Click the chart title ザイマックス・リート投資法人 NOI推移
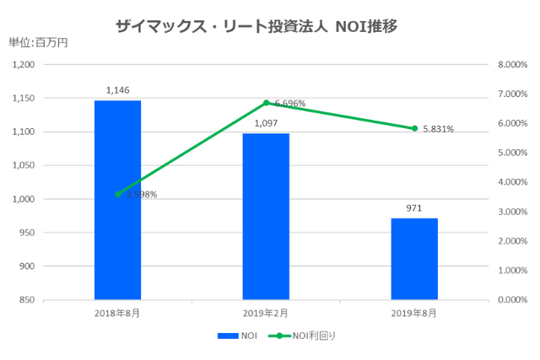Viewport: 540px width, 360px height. (x=256, y=25)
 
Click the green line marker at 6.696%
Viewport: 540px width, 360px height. (x=266, y=103)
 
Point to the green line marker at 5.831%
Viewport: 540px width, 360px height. (x=414, y=128)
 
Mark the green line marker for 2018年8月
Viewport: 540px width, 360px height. (x=117, y=194)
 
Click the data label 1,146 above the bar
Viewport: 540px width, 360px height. (x=117, y=89)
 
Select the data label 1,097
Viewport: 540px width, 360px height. (x=266, y=123)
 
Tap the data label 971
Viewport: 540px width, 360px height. (x=414, y=207)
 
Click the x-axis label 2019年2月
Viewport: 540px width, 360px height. (x=266, y=314)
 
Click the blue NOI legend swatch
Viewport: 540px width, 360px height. (x=227, y=336)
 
